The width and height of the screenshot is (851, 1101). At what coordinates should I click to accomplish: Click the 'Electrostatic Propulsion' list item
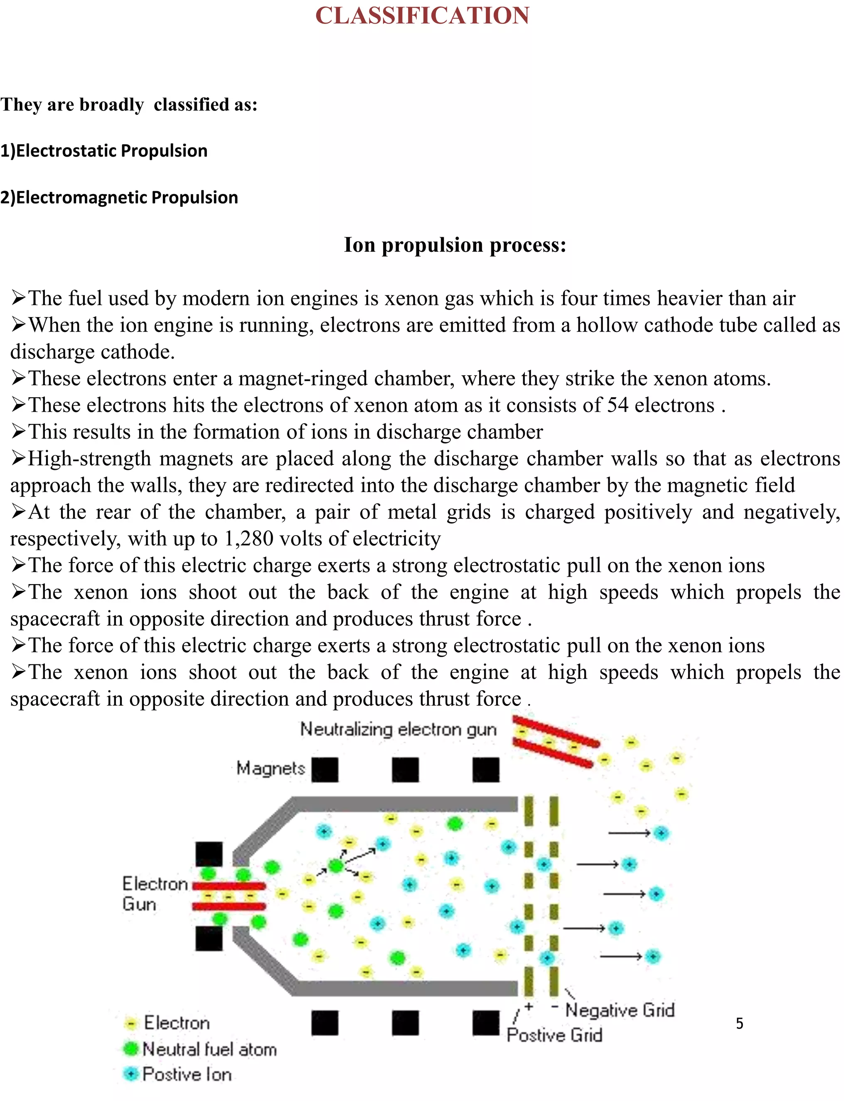[104, 151]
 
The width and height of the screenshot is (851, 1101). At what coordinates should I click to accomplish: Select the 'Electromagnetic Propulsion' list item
[119, 197]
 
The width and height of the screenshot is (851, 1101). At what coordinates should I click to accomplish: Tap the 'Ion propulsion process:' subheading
[455, 245]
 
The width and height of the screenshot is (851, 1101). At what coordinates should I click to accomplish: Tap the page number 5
[740, 1023]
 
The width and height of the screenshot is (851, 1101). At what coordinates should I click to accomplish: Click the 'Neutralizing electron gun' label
[398, 730]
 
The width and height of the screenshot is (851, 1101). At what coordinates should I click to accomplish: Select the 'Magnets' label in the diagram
[271, 768]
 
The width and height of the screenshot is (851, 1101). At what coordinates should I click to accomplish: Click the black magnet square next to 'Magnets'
[325, 770]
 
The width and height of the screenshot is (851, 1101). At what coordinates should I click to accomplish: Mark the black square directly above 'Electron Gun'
[209, 854]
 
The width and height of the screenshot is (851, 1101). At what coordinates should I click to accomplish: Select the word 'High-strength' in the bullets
[89, 459]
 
